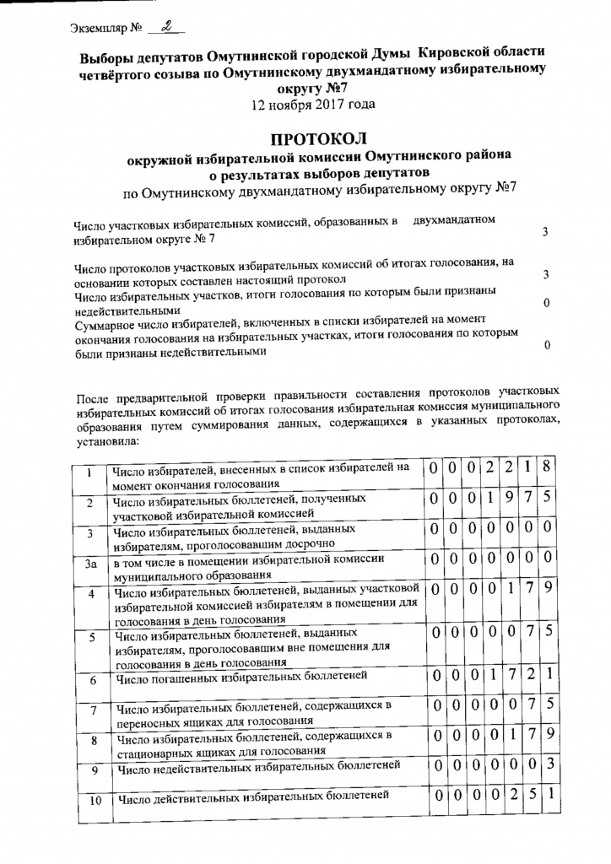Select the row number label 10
tap(94, 799)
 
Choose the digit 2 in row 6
tap(529, 676)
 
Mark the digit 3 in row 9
tap(549, 764)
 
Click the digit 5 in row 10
tap(529, 796)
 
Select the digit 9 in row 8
tap(549, 736)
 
